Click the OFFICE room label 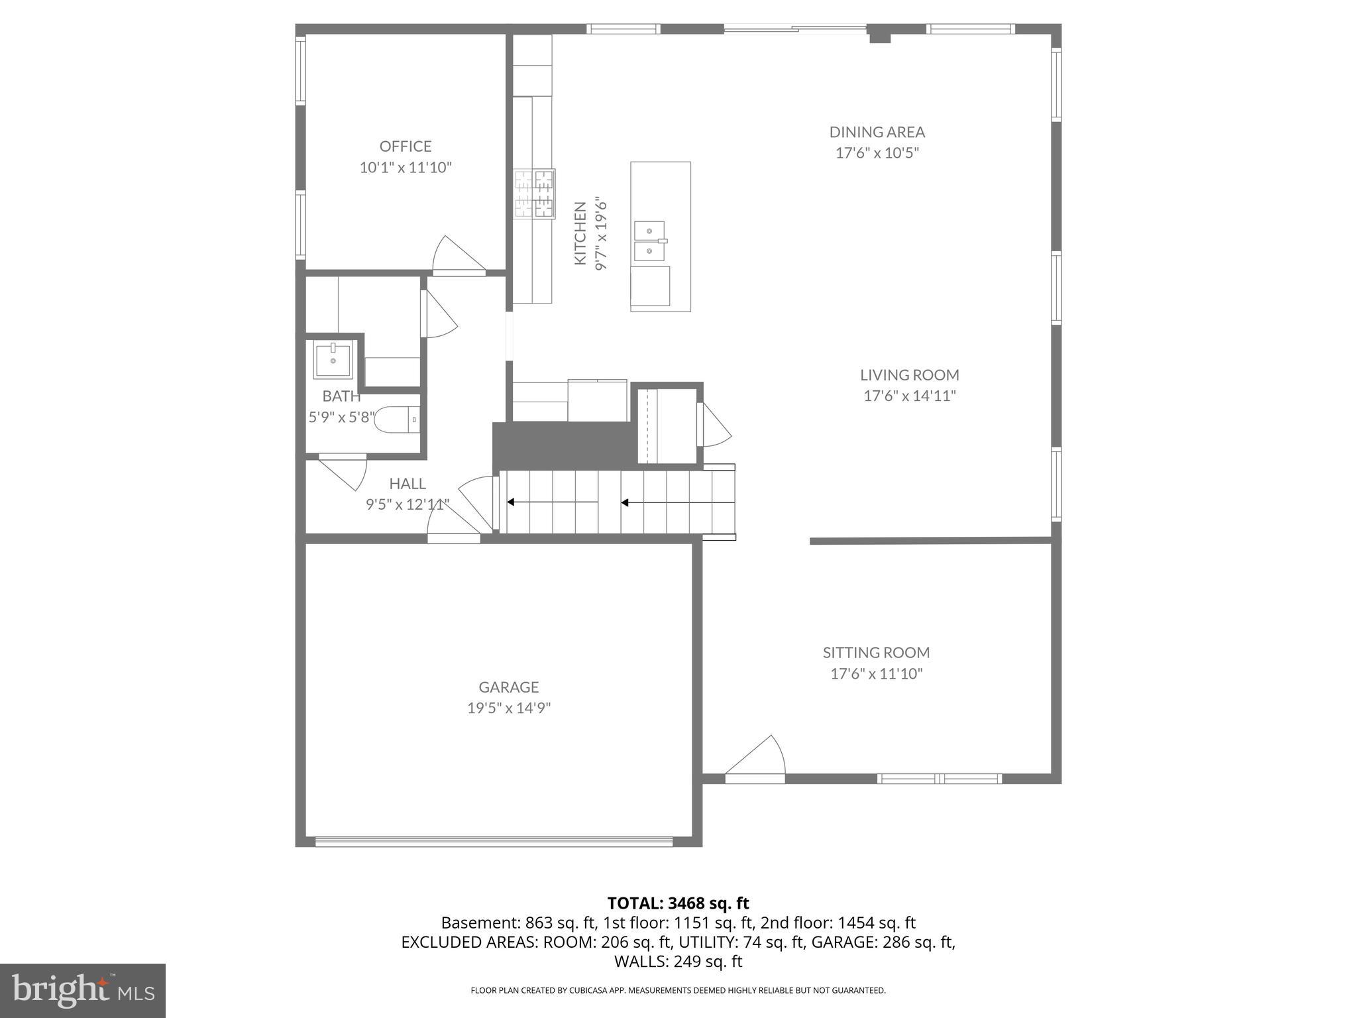[405, 146]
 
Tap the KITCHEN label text [580, 233]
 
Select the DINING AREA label [877, 132]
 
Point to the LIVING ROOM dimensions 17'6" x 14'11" [909, 396]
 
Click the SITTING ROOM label [876, 653]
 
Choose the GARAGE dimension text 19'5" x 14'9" [509, 708]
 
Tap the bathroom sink [333, 359]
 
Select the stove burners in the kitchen [535, 194]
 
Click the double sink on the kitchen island [650, 241]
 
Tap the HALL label [407, 484]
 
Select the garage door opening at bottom [494, 842]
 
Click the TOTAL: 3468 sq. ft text [678, 903]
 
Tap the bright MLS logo [83, 990]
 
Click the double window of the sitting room [939, 778]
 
